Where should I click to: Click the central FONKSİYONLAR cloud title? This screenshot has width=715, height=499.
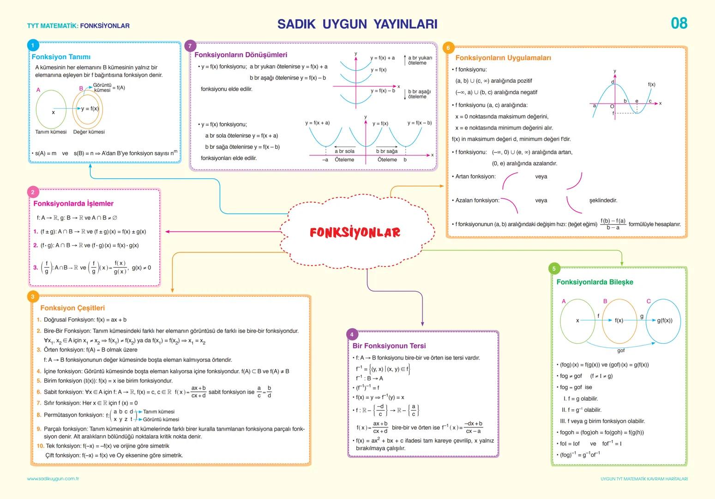coord(354,232)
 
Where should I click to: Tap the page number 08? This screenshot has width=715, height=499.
coord(679,23)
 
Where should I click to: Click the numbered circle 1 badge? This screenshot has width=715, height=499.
coord(33,45)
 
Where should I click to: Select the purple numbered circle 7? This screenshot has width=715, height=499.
coord(190,46)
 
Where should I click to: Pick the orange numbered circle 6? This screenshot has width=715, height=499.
coord(448,48)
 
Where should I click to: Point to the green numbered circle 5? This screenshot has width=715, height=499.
coord(554,268)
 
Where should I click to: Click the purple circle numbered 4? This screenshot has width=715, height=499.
coord(352,335)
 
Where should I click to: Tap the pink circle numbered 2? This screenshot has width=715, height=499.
coord(33,192)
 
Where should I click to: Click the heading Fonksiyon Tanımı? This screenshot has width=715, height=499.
coord(61,57)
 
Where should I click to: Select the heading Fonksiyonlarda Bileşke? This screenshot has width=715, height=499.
coord(595,282)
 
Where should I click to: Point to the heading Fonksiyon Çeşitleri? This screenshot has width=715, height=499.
coord(72,308)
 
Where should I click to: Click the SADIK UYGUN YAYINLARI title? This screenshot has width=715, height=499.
coord(357,24)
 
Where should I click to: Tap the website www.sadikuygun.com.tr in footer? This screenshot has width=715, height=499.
coord(53,479)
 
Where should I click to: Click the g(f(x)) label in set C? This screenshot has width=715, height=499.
coord(665,320)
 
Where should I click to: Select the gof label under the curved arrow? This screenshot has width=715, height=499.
coord(621,351)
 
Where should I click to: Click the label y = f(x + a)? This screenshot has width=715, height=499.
coord(318,123)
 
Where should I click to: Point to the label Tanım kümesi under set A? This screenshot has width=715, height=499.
coord(51,132)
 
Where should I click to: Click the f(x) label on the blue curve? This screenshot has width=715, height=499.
coord(651,85)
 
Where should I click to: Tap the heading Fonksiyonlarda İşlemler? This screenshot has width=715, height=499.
coord(73,203)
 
